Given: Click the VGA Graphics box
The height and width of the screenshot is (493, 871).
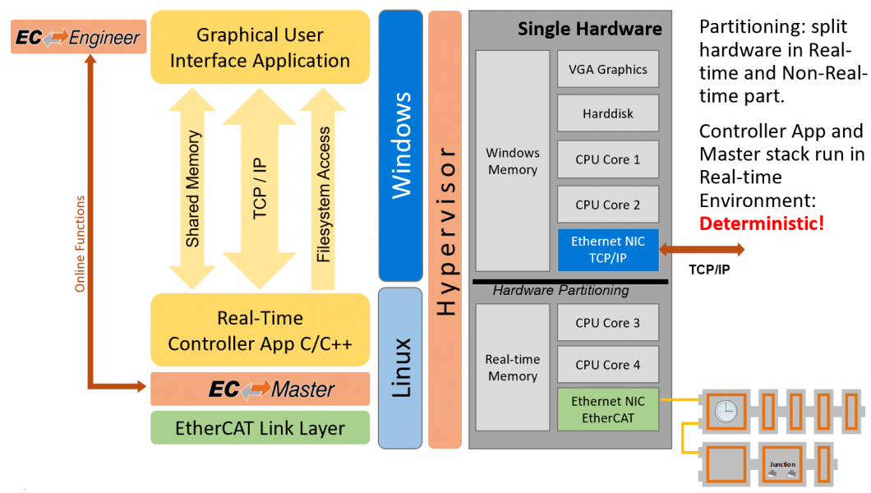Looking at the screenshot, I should (x=607, y=70).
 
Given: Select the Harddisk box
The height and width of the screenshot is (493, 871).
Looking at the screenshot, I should (x=607, y=113).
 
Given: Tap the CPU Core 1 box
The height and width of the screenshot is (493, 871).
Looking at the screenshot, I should (x=607, y=159).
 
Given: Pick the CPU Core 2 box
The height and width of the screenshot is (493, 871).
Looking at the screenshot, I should (x=607, y=205).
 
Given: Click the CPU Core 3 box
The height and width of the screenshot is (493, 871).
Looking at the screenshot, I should (x=607, y=323).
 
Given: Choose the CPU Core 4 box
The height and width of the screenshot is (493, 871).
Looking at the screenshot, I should (x=607, y=365).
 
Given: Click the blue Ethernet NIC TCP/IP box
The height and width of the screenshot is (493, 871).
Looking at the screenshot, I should (x=607, y=249).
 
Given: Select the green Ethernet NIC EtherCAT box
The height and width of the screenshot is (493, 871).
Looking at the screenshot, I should (x=607, y=409).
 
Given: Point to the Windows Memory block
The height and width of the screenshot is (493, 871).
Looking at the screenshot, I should (x=513, y=161).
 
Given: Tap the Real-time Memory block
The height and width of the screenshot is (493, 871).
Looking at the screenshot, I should (x=513, y=367).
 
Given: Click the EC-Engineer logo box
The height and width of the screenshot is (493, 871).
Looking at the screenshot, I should (x=79, y=37).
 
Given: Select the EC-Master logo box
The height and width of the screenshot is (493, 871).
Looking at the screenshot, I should (x=260, y=389).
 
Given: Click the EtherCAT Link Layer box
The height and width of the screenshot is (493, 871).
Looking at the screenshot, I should (x=260, y=428).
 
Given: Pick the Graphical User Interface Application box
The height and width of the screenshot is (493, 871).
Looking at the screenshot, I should (x=260, y=47).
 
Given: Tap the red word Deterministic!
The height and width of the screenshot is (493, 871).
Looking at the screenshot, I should (x=761, y=223).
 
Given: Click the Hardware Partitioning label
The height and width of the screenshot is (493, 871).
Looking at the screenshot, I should (x=560, y=290).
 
